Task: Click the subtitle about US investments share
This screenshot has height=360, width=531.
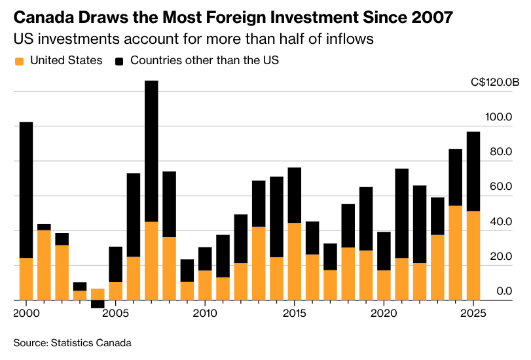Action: (x=194, y=39)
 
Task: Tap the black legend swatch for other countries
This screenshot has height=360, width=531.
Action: (x=119, y=61)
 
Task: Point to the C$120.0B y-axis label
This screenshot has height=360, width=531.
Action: (x=494, y=82)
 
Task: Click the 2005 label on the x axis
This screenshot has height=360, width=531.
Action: (x=115, y=313)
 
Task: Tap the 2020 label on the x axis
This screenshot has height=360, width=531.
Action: (x=384, y=313)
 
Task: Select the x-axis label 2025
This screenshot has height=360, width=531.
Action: (x=473, y=313)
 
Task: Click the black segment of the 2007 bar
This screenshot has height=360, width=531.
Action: (x=151, y=151)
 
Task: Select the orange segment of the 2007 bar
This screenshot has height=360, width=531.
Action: (x=151, y=261)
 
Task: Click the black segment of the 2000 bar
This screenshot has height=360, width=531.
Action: (x=26, y=190)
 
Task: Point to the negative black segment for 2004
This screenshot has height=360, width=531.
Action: (x=98, y=304)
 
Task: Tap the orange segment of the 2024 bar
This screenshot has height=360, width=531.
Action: (x=455, y=253)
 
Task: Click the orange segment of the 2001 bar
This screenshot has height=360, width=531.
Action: (x=44, y=264)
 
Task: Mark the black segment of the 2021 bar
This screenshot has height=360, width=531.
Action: (x=401, y=213)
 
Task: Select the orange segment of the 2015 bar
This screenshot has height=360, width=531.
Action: (x=294, y=261)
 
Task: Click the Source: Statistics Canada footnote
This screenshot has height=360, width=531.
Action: (x=73, y=343)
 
